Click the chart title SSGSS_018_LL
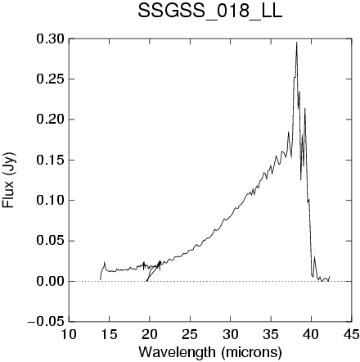(x=209, y=12)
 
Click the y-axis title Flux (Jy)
(x=8, y=180)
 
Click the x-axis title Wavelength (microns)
(x=210, y=352)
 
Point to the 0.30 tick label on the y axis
(x=51, y=39)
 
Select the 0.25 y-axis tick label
(x=51, y=79)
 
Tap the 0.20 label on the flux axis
(x=51, y=120)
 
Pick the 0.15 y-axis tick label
(x=51, y=160)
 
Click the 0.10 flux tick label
(x=51, y=201)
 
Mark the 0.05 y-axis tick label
(x=51, y=241)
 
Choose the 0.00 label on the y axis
(x=51, y=281)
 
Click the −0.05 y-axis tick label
(x=46, y=322)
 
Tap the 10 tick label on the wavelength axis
(x=69, y=334)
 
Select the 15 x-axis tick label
(x=109, y=334)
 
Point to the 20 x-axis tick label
(x=150, y=334)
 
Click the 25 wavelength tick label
(x=190, y=334)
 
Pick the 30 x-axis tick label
(x=230, y=334)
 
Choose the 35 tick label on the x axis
(x=271, y=334)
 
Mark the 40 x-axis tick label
(x=311, y=334)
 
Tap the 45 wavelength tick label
(x=351, y=334)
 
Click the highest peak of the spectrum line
(x=296, y=43)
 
